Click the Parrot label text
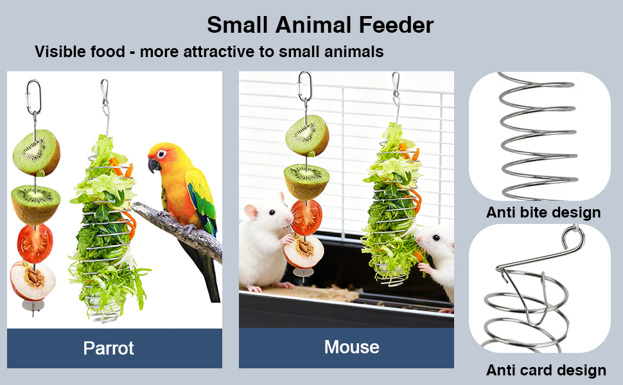pos(109,348)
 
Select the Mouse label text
pos(351,347)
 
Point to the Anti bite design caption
pos(543,212)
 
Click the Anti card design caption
pos(546,370)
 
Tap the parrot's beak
pos(154,165)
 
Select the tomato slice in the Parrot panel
pos(35,243)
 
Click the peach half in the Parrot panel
pos(33,280)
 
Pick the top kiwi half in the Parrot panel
pos(37,152)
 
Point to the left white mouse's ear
pos(281,198)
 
